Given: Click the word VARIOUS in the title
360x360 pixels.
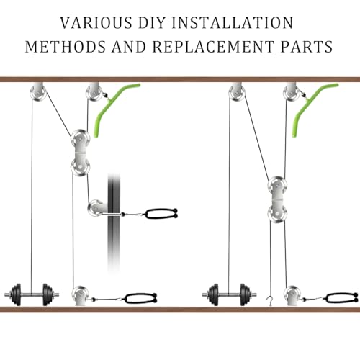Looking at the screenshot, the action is coord(96,23).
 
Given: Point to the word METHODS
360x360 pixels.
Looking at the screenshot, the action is coord(66,47).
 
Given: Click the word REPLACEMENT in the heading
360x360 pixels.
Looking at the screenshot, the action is coord(214,47).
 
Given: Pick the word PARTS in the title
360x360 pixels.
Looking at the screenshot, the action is coord(307,47).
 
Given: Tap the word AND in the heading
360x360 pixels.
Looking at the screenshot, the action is coord(129,47).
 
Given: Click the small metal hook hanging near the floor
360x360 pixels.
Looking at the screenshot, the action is coord(270,301).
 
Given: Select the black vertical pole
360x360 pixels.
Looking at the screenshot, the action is coord(114,223).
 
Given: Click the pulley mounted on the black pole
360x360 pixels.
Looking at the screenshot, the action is coord(97,208).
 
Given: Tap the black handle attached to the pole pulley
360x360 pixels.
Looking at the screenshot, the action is coord(161,214).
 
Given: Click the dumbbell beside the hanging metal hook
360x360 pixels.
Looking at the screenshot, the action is coord(229,294).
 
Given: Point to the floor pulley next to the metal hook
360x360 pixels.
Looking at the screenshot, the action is coord(292,296).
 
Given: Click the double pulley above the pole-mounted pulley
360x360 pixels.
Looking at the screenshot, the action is coord(81,153).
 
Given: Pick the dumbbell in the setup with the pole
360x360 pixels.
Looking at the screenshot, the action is coord(32,294).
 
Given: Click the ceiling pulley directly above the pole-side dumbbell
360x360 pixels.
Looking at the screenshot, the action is coord(38,91).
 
